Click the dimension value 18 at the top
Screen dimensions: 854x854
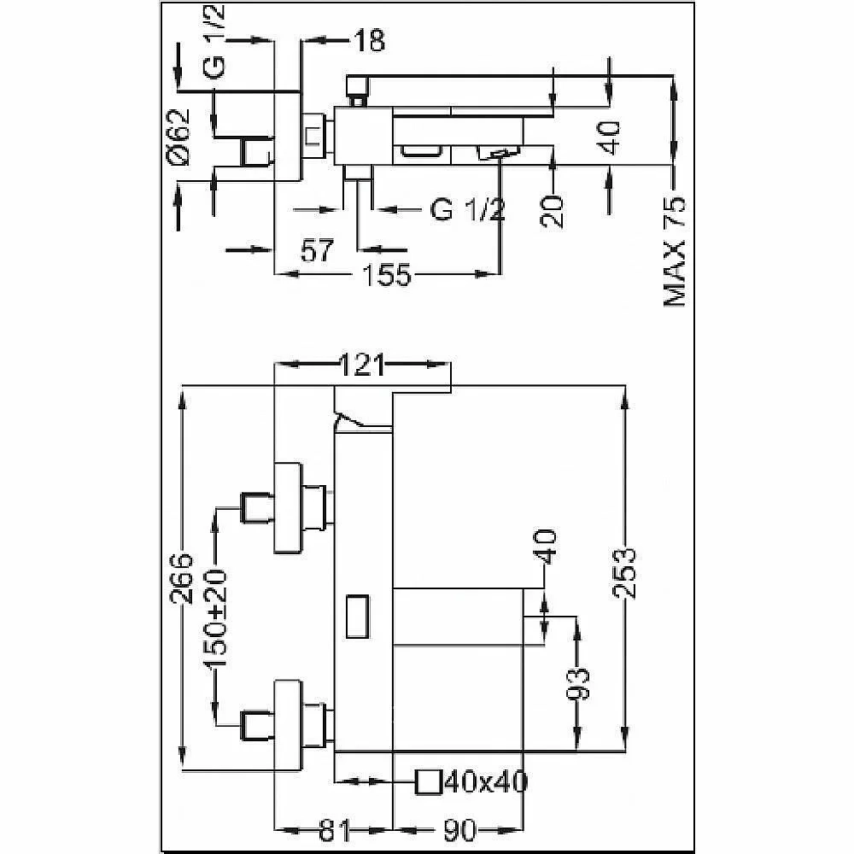(x=369, y=40)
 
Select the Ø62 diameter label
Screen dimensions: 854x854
(x=178, y=137)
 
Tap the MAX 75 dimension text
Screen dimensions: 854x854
(x=675, y=251)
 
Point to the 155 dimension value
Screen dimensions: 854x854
(x=386, y=274)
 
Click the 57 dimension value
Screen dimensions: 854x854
(x=317, y=250)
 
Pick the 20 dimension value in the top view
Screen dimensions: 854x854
(x=552, y=211)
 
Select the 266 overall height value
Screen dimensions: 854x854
(x=182, y=578)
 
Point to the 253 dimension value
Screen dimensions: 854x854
(x=625, y=573)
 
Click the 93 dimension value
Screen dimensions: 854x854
(x=577, y=683)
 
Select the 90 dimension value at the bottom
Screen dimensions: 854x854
(x=460, y=831)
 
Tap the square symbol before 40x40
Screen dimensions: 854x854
(x=428, y=782)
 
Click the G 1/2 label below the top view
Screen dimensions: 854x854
(x=467, y=209)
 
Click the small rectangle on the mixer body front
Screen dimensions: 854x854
(x=358, y=616)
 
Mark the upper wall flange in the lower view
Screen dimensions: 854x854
(x=288, y=507)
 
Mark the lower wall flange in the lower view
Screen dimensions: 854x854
(x=288, y=725)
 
